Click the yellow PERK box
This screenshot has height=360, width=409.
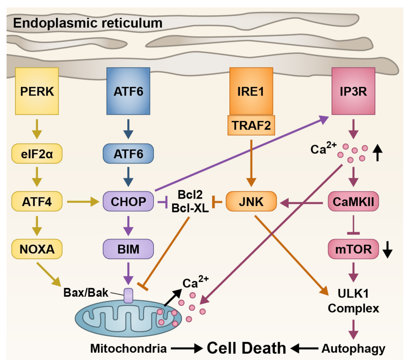pos(37,91)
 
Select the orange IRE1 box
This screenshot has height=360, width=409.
pos(251,91)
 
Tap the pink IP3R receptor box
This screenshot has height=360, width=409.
pos(353,91)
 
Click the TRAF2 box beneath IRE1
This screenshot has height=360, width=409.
pos(251,125)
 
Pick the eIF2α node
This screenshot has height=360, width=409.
pos(37,154)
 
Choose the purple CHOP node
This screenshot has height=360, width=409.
pos(128,201)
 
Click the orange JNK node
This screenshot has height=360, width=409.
pos(251,201)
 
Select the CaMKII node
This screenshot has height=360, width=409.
pos(353,201)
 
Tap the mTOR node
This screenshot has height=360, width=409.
pos(353,249)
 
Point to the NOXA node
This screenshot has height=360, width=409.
pos(37,249)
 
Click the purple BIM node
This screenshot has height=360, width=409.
pos(128,249)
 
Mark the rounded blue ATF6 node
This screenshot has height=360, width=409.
pos(128,154)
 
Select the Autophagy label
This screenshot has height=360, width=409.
pos(353,349)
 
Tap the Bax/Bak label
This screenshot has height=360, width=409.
pos(86,293)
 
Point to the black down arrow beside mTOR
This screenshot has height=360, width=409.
pos(387,250)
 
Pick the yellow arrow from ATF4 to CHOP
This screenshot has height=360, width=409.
pos(83,202)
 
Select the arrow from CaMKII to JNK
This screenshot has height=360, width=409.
pos(301,203)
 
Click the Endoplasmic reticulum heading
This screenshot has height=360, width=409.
pos(88,23)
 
